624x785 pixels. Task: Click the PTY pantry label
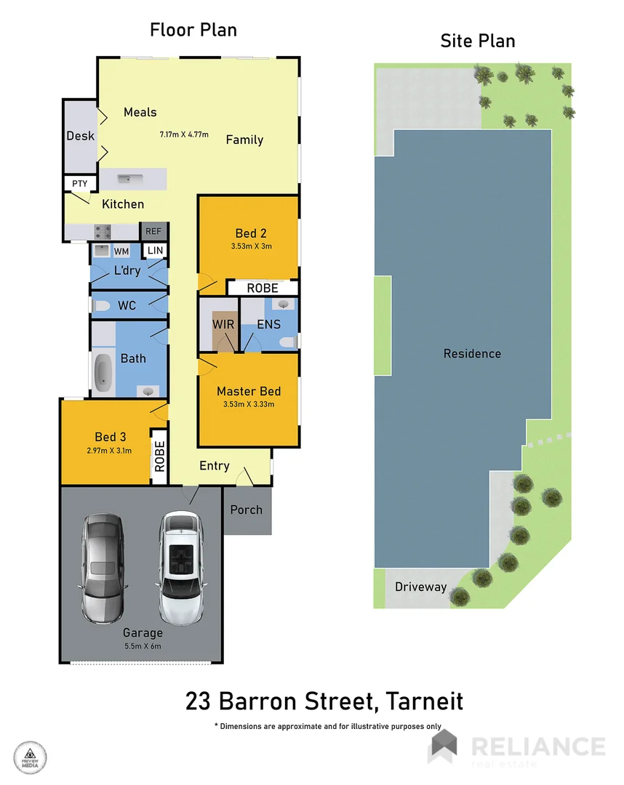tap(79, 183)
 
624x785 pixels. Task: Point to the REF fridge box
tap(153, 231)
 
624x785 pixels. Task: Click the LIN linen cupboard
tap(156, 251)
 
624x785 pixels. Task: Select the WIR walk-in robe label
tap(223, 324)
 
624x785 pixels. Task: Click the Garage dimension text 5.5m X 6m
tap(142, 645)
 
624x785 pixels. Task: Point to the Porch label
tap(246, 510)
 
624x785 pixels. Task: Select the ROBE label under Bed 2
tap(263, 289)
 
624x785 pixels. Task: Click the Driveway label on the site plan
tap(420, 587)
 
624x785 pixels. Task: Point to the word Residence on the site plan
tap(472, 354)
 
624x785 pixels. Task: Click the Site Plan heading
tap(478, 41)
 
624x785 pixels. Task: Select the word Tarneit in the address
tap(425, 702)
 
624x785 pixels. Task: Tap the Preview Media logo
tap(30, 756)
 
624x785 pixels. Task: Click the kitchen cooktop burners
tap(103, 232)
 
